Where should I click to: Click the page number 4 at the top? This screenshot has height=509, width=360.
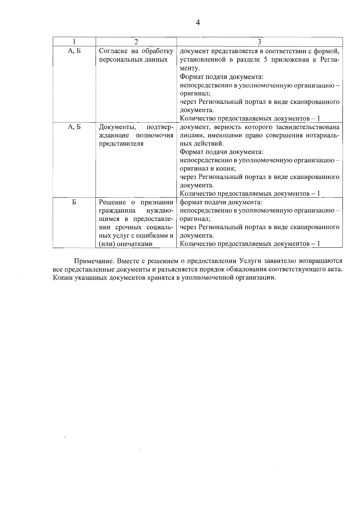click(x=198, y=23)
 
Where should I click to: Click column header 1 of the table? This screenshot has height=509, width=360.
click(x=74, y=42)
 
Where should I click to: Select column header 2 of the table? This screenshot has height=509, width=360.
click(x=136, y=42)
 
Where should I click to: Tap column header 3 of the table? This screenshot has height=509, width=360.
click(x=259, y=42)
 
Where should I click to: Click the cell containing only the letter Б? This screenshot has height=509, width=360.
click(x=74, y=202)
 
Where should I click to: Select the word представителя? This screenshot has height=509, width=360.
click(x=121, y=144)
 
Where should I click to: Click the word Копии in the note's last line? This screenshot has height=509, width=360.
click(x=61, y=277)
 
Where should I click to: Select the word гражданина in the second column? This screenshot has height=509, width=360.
click(x=117, y=211)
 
